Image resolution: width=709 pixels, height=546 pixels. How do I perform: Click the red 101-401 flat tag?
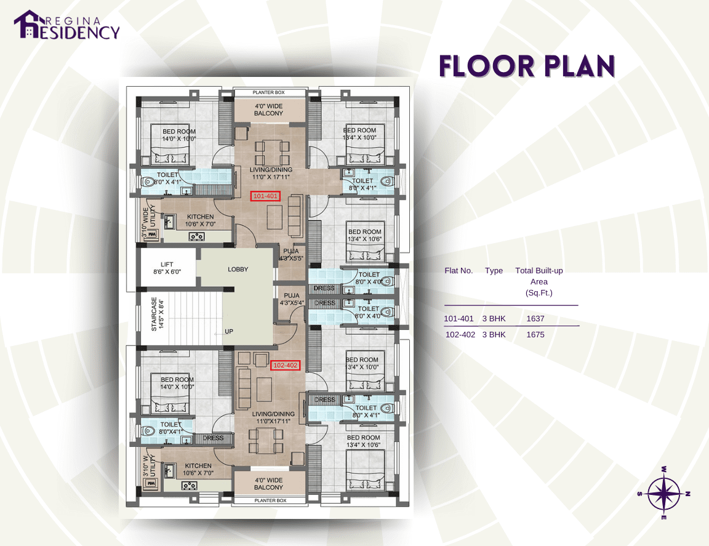point(266,196)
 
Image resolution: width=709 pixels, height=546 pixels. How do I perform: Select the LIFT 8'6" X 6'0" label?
point(167,267)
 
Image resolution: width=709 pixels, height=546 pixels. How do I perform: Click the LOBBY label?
point(238,270)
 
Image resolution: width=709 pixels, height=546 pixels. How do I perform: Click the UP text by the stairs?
point(229,331)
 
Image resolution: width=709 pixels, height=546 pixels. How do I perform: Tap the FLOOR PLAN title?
point(527,66)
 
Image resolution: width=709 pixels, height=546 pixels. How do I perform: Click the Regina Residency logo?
point(66,25)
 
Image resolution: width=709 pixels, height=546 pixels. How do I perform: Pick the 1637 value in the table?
point(535,319)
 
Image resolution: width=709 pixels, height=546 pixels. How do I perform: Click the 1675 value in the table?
point(535,335)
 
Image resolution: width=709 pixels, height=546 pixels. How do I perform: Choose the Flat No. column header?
point(459,271)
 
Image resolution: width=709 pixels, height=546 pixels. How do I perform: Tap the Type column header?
point(494,271)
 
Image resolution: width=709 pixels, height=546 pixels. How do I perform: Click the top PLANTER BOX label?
point(269,92)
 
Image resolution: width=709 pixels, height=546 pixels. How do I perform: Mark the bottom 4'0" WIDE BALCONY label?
point(269,484)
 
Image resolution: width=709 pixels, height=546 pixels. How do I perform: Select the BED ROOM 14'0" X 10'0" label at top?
point(178,135)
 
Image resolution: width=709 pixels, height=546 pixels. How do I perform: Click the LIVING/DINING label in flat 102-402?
point(273,417)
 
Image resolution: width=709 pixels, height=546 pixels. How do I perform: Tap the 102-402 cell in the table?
point(459,335)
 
